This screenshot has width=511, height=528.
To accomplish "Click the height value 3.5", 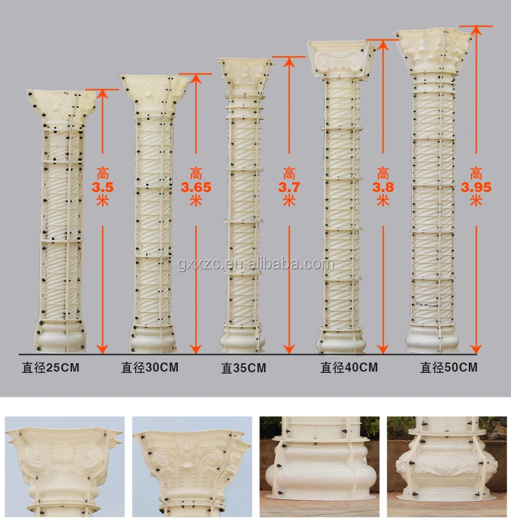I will (102, 187).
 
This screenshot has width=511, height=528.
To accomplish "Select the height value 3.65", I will (196, 187).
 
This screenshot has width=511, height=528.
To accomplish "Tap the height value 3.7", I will (289, 187).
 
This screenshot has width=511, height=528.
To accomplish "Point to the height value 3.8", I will (384, 187).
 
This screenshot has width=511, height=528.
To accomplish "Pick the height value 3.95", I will (476, 187).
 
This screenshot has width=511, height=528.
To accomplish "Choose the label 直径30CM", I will (149, 368).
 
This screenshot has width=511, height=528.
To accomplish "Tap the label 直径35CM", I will (244, 369).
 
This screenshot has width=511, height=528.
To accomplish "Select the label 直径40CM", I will (349, 368).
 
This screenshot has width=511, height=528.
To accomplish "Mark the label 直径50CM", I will (449, 368).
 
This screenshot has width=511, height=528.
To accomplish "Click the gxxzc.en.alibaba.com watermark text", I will (255, 264).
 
